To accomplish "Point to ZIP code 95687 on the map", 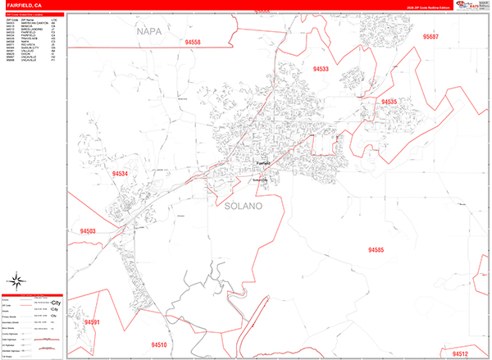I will [431, 37].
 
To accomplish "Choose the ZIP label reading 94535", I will [389, 102].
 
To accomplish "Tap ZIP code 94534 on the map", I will [121, 174].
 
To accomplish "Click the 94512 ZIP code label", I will [459, 353].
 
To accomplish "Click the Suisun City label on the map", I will [261, 180].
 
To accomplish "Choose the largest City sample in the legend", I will [55, 303].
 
